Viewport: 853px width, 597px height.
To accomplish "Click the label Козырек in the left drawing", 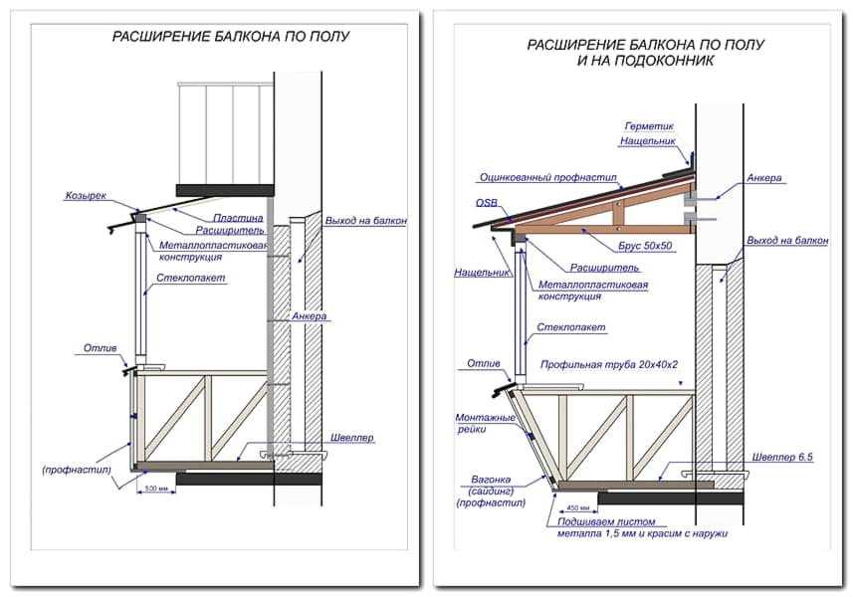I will pos(86,195).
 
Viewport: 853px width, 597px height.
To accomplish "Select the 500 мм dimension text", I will pos(154,489).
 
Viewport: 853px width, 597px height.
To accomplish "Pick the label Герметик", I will pos(649,126).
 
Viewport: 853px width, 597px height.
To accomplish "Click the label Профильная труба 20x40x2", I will pos(609,364).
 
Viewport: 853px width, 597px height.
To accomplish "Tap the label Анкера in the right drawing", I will pos(763,178).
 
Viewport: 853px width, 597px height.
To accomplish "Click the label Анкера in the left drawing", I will pos(310,316).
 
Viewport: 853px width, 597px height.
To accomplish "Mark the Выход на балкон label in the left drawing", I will pos(365,220).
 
